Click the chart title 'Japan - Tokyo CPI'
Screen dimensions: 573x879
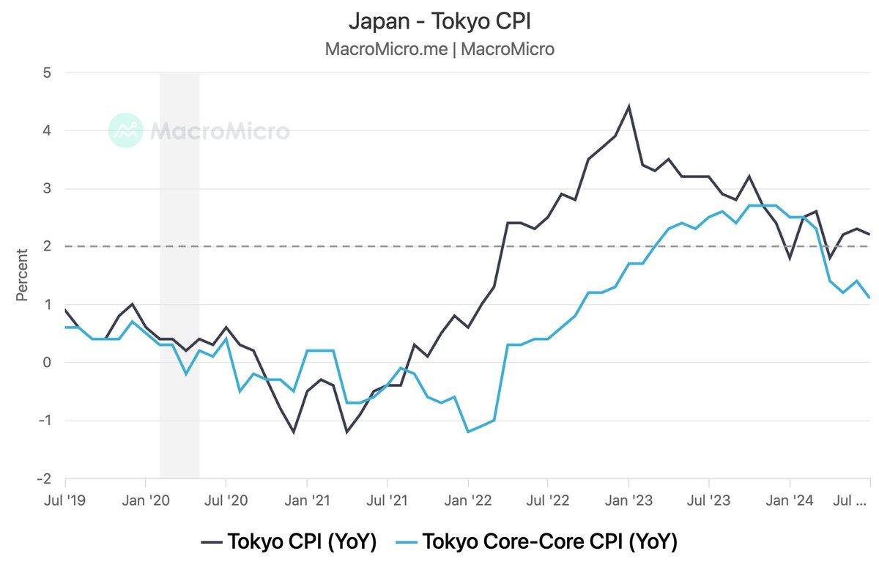click(x=439, y=21)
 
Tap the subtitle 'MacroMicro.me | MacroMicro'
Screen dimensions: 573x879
click(x=439, y=49)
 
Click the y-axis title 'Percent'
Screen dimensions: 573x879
click(x=22, y=276)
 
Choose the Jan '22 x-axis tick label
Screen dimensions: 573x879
click(x=467, y=501)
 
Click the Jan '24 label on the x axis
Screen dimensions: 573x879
click(x=790, y=501)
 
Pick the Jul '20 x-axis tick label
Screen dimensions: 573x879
click(x=226, y=501)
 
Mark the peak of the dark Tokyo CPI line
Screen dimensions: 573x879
click(x=628, y=106)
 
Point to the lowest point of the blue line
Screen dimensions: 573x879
click(x=467, y=432)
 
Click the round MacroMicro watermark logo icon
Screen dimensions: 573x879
click(x=125, y=130)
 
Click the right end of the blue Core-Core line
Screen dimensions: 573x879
click(x=869, y=297)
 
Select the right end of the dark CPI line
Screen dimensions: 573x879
click(x=869, y=234)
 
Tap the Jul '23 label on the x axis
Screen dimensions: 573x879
click(x=709, y=501)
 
